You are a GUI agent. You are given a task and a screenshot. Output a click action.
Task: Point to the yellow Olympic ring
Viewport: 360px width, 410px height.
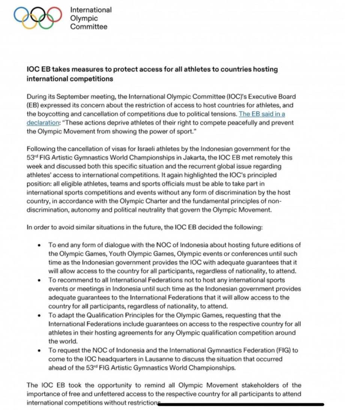[28, 23]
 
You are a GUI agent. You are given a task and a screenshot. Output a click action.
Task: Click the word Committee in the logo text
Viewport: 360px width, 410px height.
[88, 27]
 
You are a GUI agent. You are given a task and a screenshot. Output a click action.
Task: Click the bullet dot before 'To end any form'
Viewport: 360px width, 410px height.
[39, 245]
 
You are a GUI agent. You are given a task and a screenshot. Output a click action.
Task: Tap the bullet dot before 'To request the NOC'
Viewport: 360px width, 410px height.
[39, 351]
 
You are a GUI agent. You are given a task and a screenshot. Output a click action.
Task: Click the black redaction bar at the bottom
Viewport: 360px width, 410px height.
[240, 404]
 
